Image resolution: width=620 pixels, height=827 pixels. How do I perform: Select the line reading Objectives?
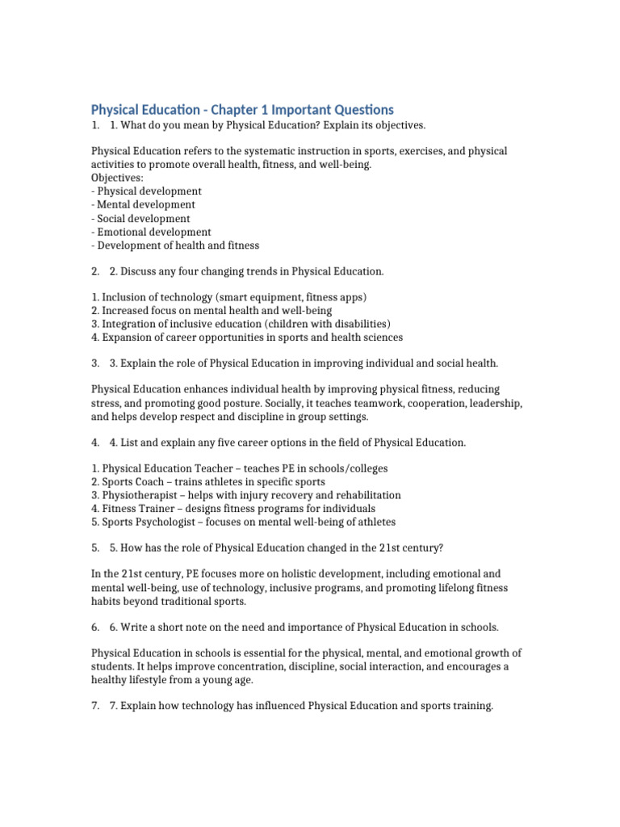(x=117, y=178)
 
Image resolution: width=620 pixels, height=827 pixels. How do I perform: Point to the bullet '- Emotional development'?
(x=151, y=232)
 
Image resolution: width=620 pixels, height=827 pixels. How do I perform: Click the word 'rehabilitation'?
(x=364, y=495)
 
